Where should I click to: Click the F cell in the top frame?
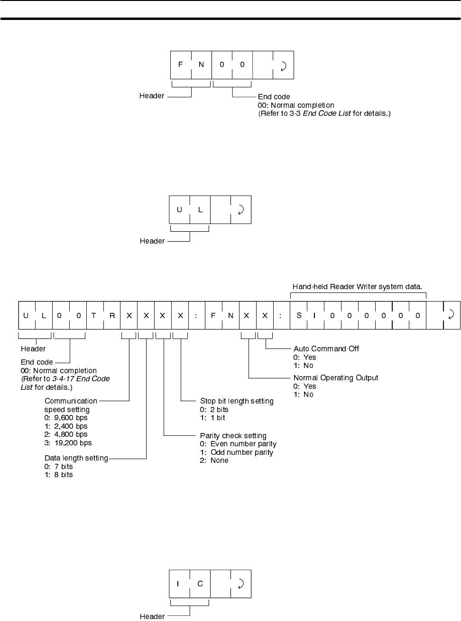point(181,65)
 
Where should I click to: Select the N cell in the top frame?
point(201,65)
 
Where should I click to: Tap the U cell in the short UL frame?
point(179,209)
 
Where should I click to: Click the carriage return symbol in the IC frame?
point(241,583)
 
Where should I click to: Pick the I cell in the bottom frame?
point(178,583)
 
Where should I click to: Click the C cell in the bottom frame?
point(200,583)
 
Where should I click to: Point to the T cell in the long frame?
point(94,315)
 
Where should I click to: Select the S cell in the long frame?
point(299,315)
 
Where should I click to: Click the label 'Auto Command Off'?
point(326,348)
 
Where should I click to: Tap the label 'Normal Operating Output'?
point(336,378)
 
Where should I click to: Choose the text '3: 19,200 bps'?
point(68,442)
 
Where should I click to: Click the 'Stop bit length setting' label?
point(237,401)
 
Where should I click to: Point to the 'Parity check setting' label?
point(233,436)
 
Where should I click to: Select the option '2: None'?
point(214,461)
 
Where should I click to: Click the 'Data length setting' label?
point(76,458)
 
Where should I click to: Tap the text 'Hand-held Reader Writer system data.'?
point(357,287)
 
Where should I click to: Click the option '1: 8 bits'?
point(59,475)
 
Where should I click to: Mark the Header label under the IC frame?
point(152,616)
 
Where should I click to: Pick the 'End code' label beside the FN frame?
point(274,97)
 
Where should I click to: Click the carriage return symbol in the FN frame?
point(284,65)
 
